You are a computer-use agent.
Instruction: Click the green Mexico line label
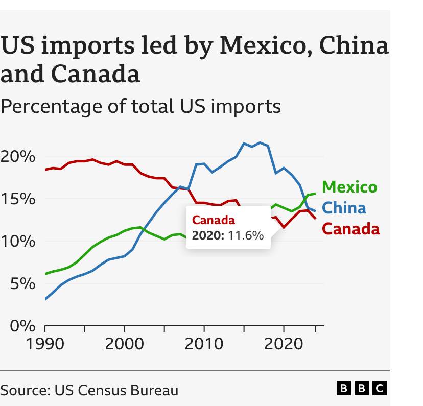pyautogui.click(x=350, y=187)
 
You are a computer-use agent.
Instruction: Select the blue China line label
pyautogui.click(x=345, y=208)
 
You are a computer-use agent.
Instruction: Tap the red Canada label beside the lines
pyautogui.click(x=351, y=229)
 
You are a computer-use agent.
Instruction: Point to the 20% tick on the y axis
pyautogui.click(x=18, y=156)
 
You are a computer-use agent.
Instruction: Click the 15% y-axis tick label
pyautogui.click(x=18, y=199)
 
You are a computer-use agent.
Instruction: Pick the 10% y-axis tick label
pyautogui.click(x=18, y=241)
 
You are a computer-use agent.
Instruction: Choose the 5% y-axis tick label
pyautogui.click(x=21, y=283)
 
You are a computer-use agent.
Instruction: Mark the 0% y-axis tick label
pyautogui.click(x=21, y=325)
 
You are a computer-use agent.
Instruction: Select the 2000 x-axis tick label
pyautogui.click(x=124, y=343)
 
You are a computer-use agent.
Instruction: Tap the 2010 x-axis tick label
pyautogui.click(x=204, y=343)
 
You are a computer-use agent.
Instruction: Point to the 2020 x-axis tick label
pyautogui.click(x=284, y=343)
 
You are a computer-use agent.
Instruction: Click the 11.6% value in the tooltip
pyautogui.click(x=247, y=235)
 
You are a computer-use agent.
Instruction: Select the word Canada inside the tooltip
pyautogui.click(x=214, y=221)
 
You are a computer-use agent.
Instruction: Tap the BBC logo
pyautogui.click(x=362, y=388)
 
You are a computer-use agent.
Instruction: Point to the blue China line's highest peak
pyautogui.click(x=260, y=142)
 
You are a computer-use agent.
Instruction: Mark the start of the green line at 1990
pyautogui.click(x=45, y=274)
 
